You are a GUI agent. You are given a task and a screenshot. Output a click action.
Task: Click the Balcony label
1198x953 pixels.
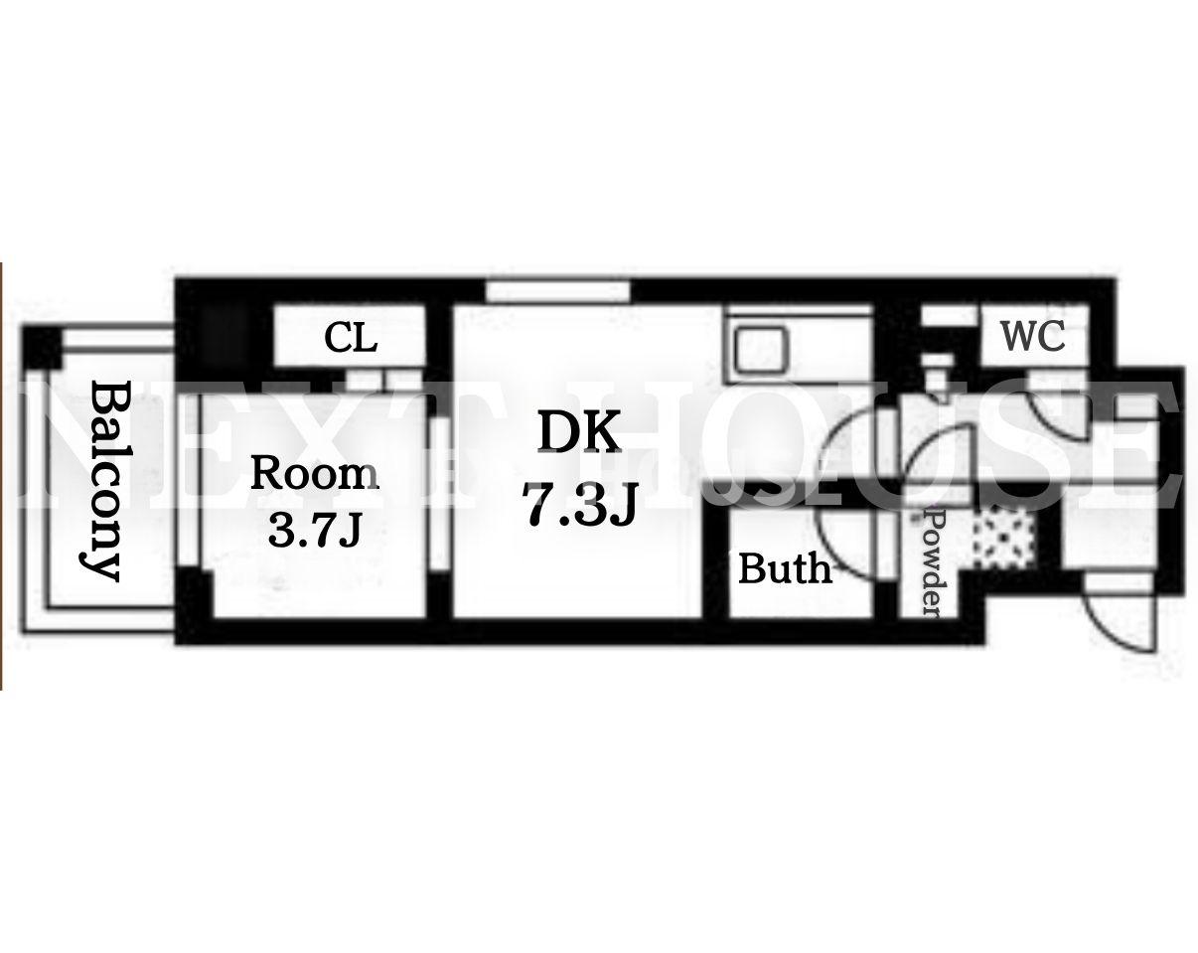pyautogui.click(x=104, y=481)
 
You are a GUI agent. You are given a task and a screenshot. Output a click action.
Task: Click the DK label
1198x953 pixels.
pyautogui.click(x=578, y=431)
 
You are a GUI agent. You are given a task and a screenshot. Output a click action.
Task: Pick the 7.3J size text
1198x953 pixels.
pyautogui.click(x=578, y=504)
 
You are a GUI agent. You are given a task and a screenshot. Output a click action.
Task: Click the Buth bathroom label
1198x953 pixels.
pyautogui.click(x=785, y=568)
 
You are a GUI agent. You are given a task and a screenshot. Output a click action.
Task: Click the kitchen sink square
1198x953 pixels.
pyautogui.click(x=761, y=350)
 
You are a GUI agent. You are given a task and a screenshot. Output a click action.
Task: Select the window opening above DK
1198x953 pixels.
pyautogui.click(x=558, y=292)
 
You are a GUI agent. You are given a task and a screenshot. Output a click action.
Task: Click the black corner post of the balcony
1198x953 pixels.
pyautogui.click(x=41, y=347)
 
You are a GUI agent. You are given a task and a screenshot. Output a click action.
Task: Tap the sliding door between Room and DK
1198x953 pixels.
pyautogui.click(x=440, y=482)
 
